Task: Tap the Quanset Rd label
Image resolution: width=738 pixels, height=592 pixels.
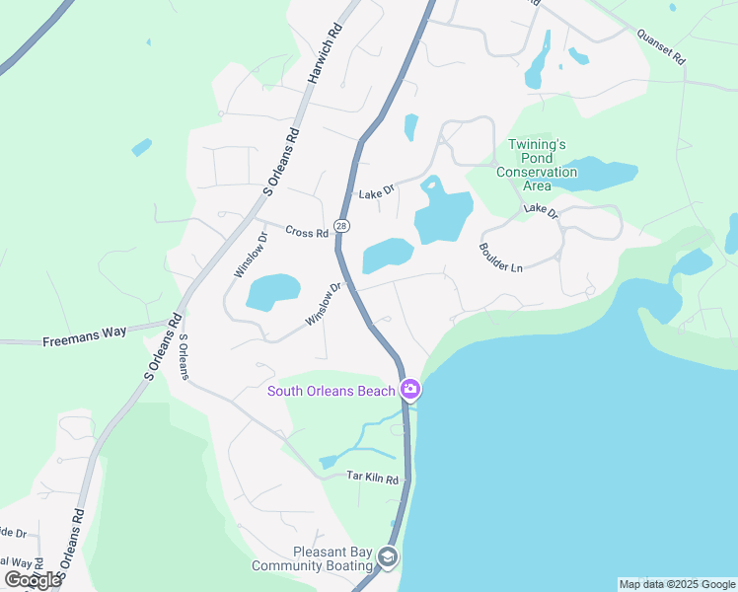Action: click(x=660, y=46)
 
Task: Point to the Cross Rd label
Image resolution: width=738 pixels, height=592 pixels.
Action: click(x=306, y=233)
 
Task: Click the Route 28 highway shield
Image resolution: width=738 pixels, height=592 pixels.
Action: click(x=341, y=226)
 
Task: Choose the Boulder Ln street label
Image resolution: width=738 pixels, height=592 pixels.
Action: click(x=500, y=259)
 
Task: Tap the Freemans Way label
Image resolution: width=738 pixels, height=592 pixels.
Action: click(x=85, y=333)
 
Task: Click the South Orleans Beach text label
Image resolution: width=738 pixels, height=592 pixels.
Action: click(x=332, y=391)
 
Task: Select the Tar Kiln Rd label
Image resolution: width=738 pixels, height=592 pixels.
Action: click(x=372, y=479)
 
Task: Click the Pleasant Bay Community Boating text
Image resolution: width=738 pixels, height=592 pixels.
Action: click(x=312, y=559)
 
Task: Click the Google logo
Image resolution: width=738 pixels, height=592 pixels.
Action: click(x=33, y=580)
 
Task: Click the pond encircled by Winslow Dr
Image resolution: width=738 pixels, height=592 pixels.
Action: click(x=272, y=292)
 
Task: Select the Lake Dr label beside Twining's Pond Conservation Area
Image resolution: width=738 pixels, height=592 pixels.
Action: click(x=541, y=210)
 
